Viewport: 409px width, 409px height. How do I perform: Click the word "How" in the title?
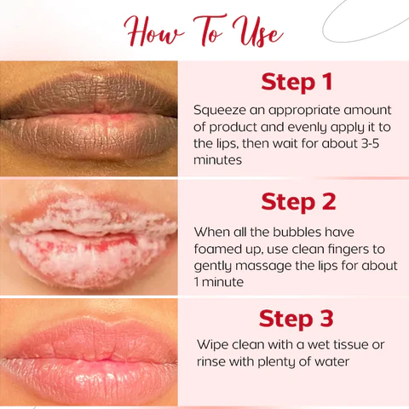(x=153, y=32)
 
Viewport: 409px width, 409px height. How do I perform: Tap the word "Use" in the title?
(x=257, y=32)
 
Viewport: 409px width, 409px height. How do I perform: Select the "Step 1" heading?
(x=297, y=83)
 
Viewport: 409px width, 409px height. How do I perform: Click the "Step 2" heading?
(x=298, y=202)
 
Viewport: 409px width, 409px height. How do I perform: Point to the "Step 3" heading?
(x=296, y=319)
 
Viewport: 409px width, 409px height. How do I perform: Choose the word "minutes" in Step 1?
(x=217, y=160)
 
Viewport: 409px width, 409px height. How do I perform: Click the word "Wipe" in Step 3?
(x=213, y=345)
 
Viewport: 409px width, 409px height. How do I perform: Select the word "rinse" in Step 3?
(x=210, y=362)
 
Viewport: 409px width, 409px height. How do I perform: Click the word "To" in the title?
(x=209, y=31)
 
